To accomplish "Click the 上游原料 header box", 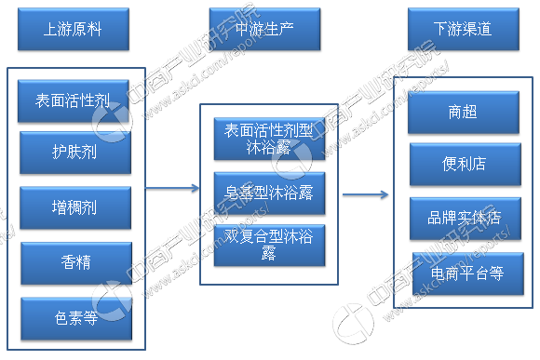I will click(74, 30).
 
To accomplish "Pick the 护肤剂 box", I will click(74, 152).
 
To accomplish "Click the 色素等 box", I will click(74, 316).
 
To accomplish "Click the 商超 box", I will click(463, 113).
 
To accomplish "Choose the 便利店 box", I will click(463, 165).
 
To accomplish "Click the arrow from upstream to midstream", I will click(173, 188).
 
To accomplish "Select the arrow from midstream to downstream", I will click(365, 194).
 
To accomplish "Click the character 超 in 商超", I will click(471, 113).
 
